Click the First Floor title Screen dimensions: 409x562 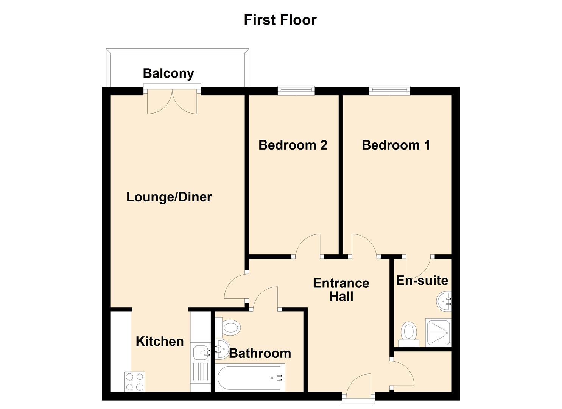[x=280, y=20]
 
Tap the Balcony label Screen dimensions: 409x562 [x=168, y=73]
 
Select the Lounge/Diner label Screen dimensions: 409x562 [x=169, y=197]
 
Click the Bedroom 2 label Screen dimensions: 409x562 [x=293, y=145]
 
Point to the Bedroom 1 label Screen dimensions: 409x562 [x=395, y=145]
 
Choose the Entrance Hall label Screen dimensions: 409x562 [x=341, y=290]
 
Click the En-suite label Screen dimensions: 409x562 [x=422, y=281]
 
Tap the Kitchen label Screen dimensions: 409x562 [x=160, y=341]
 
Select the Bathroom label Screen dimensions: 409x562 [x=260, y=353]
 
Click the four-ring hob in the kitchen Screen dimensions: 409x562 [x=135, y=382]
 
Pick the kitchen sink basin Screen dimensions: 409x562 [x=200, y=353]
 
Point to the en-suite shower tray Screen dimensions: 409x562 [x=438, y=333]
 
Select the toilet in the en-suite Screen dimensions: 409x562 [x=409, y=333]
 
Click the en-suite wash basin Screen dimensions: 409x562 [x=444, y=301]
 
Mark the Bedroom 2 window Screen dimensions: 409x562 [x=296, y=90]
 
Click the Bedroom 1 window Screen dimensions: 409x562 [x=389, y=90]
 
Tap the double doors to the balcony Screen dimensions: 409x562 [x=172, y=101]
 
